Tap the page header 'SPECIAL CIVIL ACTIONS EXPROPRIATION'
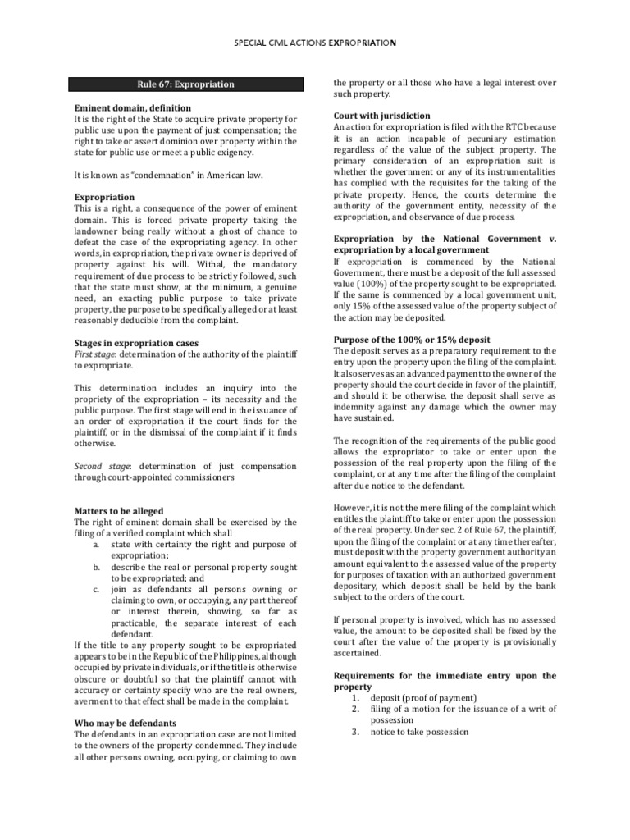315,42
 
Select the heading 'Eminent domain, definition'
132,108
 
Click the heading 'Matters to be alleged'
119,511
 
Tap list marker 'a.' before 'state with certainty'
96,545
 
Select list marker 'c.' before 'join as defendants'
96,589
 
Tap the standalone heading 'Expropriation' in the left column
104,198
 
